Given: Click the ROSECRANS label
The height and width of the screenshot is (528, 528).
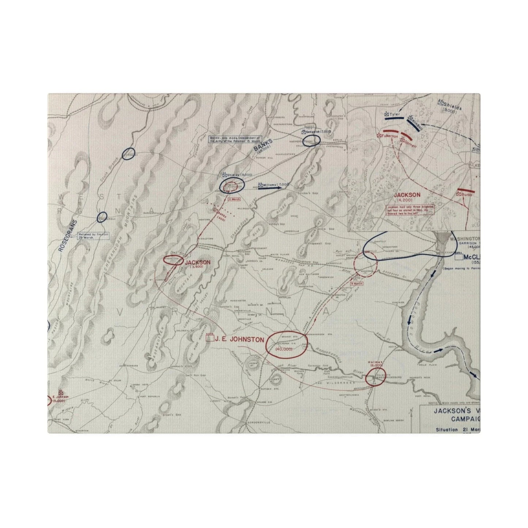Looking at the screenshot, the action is tap(67, 235).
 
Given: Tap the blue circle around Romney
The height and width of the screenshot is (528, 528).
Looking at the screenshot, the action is tap(129, 153).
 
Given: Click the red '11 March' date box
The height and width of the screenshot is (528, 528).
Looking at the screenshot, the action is tap(234, 199).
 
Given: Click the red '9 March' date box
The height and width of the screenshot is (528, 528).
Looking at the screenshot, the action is tap(356, 284).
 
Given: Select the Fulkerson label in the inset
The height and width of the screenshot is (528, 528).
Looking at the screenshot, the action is tap(389, 136).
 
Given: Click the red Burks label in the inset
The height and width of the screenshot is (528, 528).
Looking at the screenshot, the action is tap(466, 194).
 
